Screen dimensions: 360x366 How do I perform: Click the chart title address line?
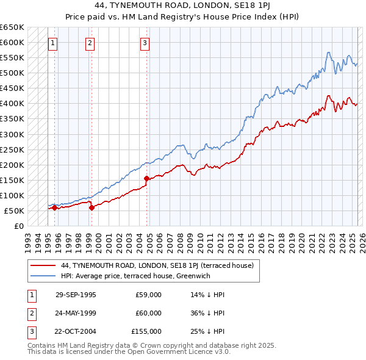tap(184, 5)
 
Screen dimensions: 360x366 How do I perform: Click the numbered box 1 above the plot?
tap(54, 43)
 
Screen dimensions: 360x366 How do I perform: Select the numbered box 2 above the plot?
tap(90, 43)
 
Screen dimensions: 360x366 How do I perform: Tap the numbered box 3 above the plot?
tap(145, 43)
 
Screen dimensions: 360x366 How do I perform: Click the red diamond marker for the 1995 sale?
tap(54, 208)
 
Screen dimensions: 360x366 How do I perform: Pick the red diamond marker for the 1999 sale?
tap(91, 207)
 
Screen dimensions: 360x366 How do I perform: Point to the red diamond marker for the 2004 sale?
tap(147, 178)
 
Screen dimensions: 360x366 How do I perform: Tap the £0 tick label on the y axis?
tap(18, 226)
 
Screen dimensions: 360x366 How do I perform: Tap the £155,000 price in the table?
tap(146, 331)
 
